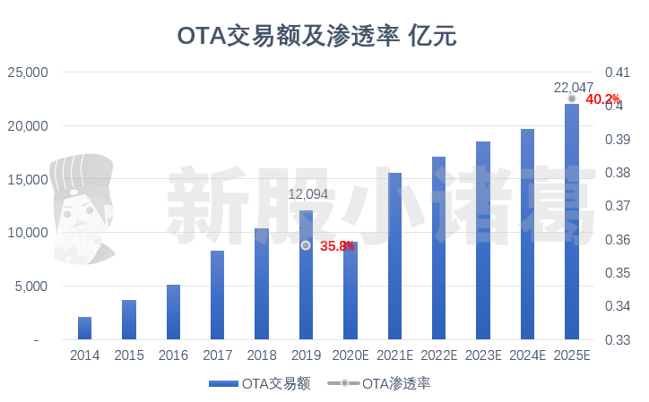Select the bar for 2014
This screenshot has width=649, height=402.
click(x=85, y=329)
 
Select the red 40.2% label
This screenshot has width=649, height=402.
click(x=602, y=99)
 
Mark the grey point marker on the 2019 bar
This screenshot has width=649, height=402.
click(x=306, y=245)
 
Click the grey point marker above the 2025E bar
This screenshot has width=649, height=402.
click(x=572, y=98)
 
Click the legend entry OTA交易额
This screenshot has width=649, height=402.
click(x=259, y=383)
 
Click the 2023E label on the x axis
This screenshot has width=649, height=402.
click(x=482, y=355)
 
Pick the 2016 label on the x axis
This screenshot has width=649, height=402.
click(x=173, y=355)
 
